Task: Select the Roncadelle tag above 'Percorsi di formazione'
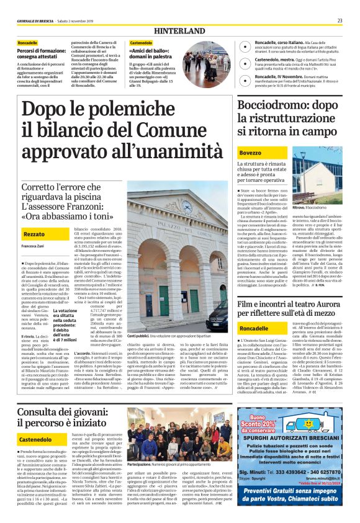(28, 43)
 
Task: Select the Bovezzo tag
(250, 153)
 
